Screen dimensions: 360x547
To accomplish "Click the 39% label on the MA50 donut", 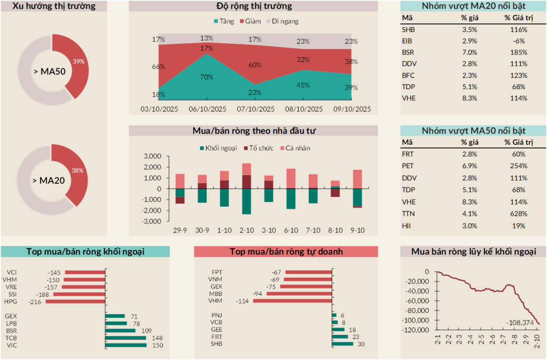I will click(79, 61).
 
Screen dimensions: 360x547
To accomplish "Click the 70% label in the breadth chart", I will click(207, 77).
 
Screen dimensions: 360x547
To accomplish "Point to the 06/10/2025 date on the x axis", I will click(207, 109).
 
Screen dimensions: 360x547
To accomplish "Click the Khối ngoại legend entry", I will click(218, 148).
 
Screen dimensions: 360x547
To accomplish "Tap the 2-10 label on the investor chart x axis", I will click(246, 230).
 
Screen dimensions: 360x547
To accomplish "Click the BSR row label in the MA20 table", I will click(408, 52).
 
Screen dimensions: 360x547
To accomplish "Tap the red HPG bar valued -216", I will click(76, 302).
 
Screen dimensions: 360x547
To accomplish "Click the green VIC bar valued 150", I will click(126, 345).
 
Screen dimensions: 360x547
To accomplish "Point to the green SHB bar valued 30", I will click(342, 343).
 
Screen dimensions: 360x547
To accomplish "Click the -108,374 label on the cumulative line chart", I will click(519, 323).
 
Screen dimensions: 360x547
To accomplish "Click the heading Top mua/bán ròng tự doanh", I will click(286, 252).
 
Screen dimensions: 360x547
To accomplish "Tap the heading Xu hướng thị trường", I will click(53, 6).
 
